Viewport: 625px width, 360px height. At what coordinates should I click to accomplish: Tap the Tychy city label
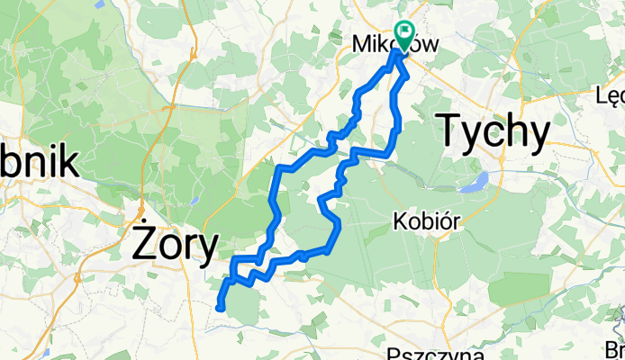493,131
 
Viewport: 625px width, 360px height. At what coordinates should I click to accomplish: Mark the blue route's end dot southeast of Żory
220,308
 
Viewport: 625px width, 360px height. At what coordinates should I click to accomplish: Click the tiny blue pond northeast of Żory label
195,201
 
